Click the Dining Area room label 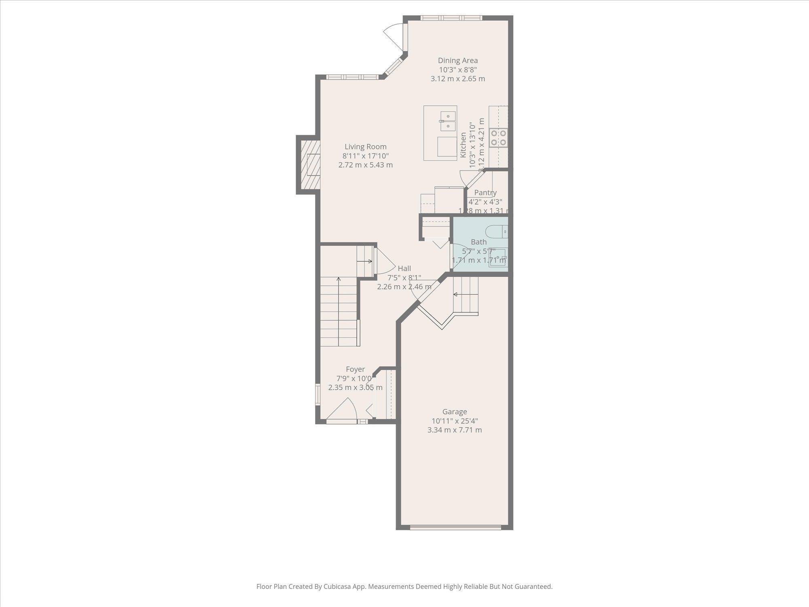pos(457,61)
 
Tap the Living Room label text pos(365,147)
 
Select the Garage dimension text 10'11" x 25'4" pos(455,421)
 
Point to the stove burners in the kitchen pos(498,138)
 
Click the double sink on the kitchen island pos(448,121)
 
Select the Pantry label pos(485,193)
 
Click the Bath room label pos(479,242)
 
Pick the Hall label pos(404,268)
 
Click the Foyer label pos(355,369)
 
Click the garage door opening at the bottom pos(455,527)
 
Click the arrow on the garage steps pos(455,294)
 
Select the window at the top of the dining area pos(451,18)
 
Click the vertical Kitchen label pos(464,145)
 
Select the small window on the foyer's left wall pos(318,394)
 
